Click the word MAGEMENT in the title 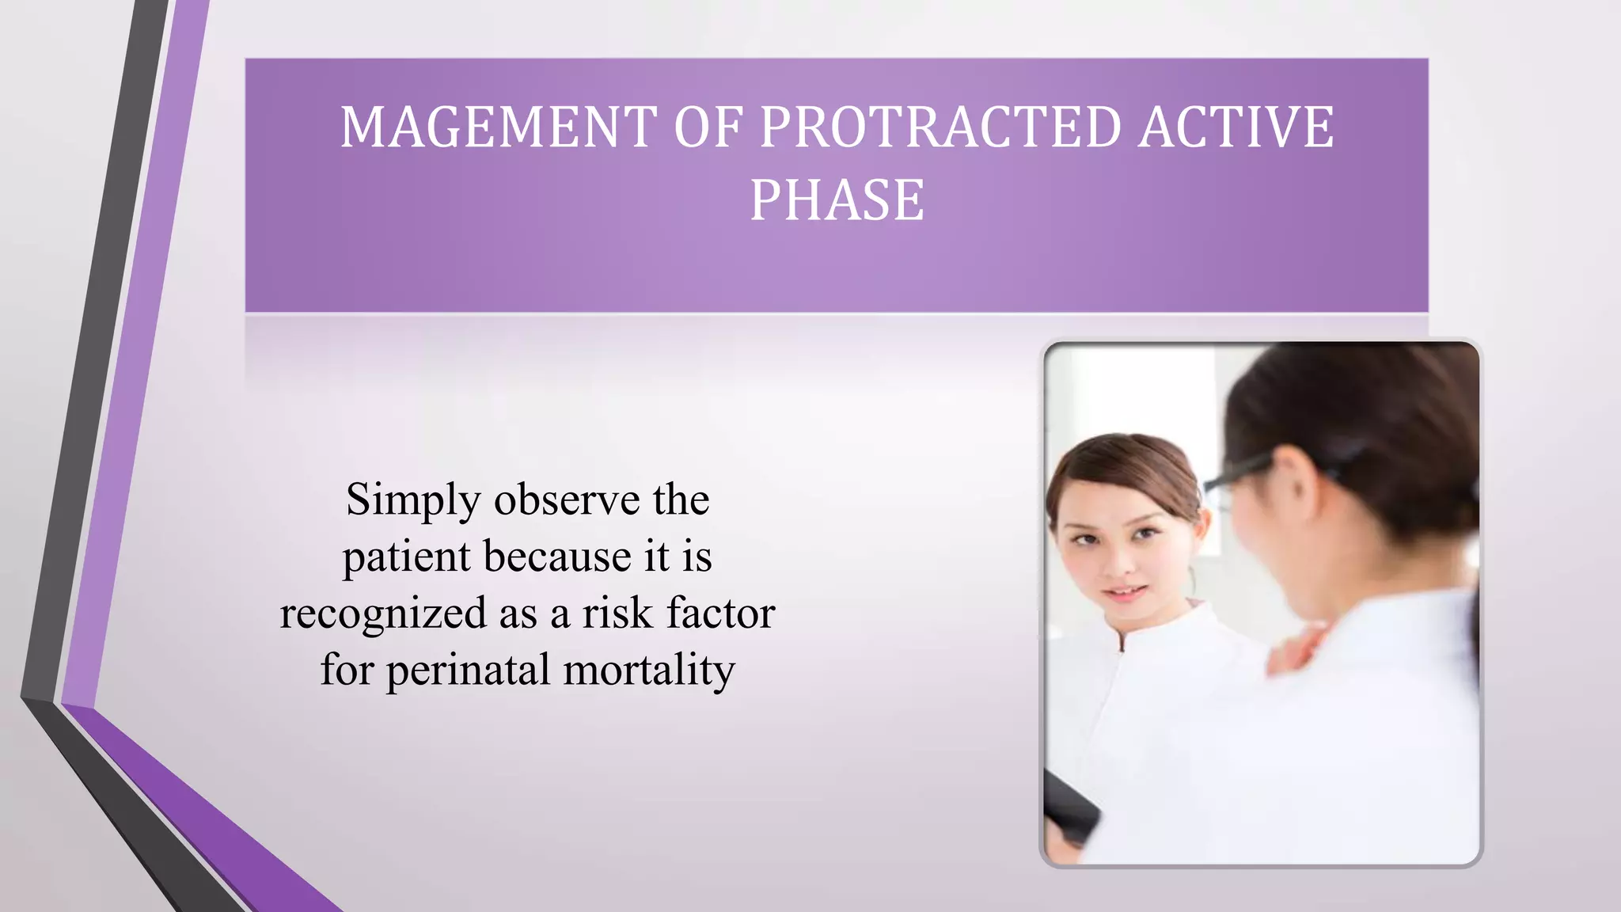point(499,127)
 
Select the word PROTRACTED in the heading point(940,127)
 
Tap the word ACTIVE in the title point(1236,127)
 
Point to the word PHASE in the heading point(837,199)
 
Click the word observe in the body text point(567,500)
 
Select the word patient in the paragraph point(407,557)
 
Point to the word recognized point(383,614)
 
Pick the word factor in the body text point(721,614)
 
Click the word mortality point(649,671)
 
